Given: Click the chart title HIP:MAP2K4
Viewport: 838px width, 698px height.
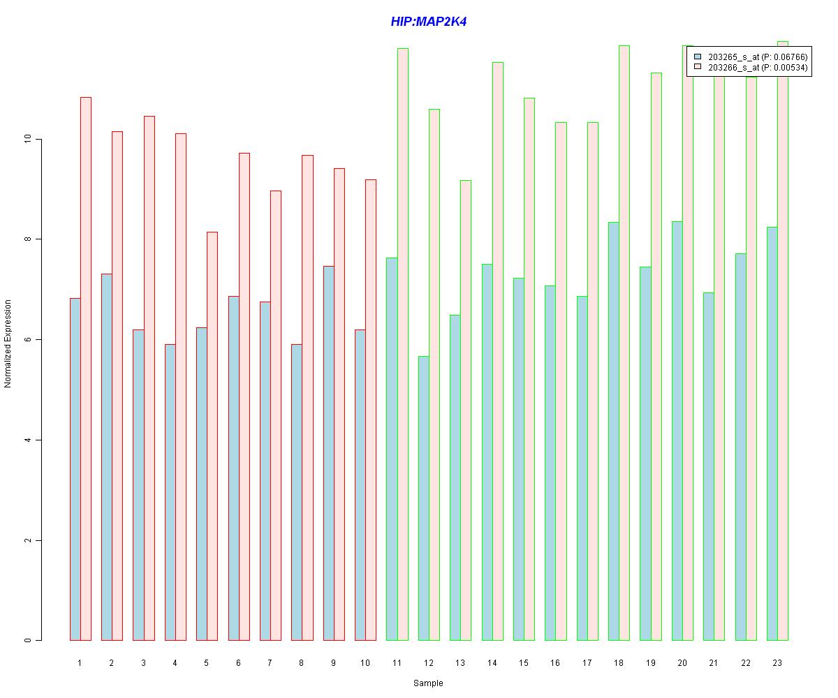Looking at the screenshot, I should [428, 22].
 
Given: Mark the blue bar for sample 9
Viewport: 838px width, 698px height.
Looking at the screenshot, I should [329, 453].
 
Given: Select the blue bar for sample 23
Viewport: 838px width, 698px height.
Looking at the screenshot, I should [772, 433].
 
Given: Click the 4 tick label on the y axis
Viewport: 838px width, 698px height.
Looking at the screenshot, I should [28, 440].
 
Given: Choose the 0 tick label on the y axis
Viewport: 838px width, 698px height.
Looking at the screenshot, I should [28, 641].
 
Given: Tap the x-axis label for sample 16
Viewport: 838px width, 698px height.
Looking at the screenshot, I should [555, 662].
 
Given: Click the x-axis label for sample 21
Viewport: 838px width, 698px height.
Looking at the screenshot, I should [714, 662].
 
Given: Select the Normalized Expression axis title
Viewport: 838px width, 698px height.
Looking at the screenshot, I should [8, 343].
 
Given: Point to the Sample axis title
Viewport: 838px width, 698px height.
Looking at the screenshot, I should [428, 683].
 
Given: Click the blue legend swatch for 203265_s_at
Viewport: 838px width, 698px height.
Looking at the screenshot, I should [697, 57].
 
